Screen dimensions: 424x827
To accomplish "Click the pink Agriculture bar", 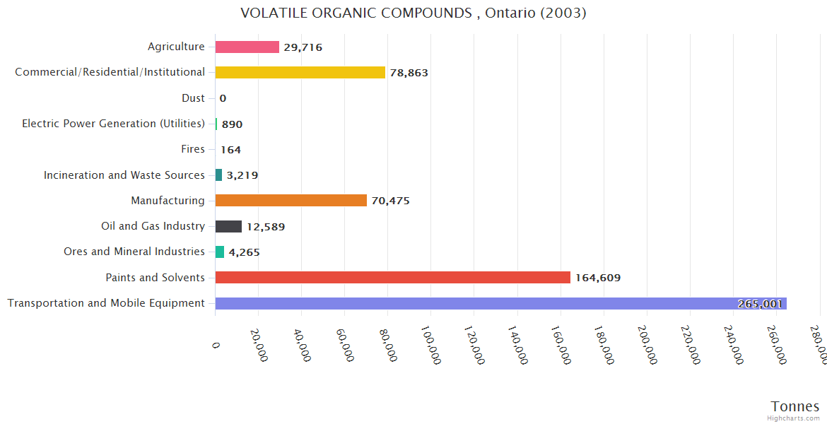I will [x=247, y=47].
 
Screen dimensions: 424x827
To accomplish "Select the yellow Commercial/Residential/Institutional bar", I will [x=300, y=72].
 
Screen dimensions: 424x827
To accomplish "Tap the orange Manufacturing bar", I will [x=291, y=201].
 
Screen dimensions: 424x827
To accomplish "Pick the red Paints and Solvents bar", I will [x=392, y=278].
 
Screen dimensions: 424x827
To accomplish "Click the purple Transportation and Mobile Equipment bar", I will [x=474, y=303].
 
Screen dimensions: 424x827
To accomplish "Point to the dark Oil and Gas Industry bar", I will [x=228, y=226].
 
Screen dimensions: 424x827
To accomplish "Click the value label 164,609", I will [x=598, y=278].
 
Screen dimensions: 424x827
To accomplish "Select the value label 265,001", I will [x=760, y=304].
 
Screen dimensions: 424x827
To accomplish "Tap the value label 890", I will [x=232, y=124].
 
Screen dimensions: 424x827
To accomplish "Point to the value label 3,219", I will [x=242, y=175].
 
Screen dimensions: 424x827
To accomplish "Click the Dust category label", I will [x=193, y=98].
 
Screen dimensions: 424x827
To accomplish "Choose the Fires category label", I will [x=193, y=149].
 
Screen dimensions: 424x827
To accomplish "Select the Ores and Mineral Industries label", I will [x=134, y=252].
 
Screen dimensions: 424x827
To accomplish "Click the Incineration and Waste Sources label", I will [x=124, y=175].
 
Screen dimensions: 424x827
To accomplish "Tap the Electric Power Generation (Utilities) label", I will [x=113, y=124].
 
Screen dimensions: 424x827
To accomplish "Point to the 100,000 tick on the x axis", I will [x=431, y=344].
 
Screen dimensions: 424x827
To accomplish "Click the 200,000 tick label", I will [x=647, y=344].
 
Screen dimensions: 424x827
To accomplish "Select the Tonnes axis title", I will [x=794, y=406].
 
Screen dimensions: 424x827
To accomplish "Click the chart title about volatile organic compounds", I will [x=413, y=13].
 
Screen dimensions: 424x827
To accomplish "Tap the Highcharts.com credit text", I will [x=793, y=418].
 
